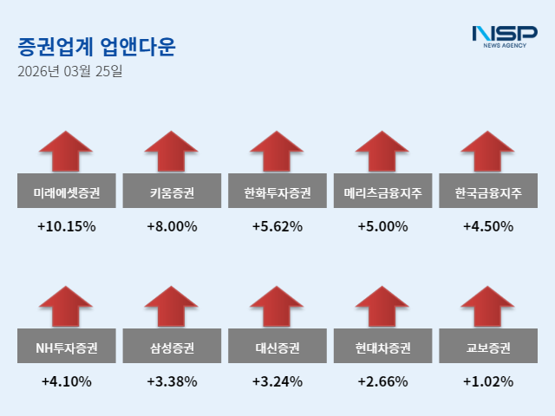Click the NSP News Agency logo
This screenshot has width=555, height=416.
(x=504, y=36)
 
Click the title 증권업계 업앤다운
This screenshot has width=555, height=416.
(x=95, y=46)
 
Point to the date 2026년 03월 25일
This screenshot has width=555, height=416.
(x=69, y=71)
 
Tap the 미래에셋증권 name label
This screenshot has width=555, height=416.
(x=66, y=193)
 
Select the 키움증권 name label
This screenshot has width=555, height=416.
(x=172, y=193)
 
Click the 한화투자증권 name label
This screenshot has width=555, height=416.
(x=277, y=193)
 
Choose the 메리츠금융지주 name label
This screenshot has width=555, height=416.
(x=382, y=193)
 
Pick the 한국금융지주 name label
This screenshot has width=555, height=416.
(x=488, y=193)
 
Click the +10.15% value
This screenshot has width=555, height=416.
(x=66, y=227)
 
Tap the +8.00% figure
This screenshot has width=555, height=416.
(x=172, y=227)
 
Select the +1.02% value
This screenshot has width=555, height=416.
(x=488, y=381)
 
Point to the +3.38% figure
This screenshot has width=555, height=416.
(x=172, y=381)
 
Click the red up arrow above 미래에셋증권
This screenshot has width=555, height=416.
(x=66, y=151)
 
